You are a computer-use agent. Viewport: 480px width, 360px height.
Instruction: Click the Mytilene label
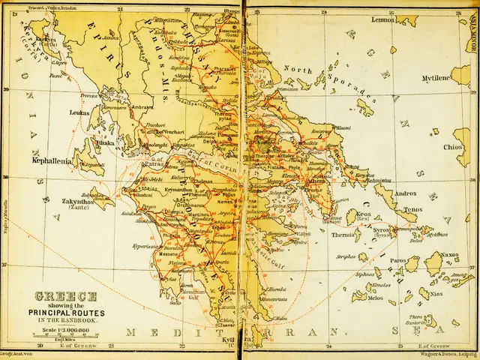tap(439, 77)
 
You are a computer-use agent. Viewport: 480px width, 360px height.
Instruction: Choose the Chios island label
tap(452, 147)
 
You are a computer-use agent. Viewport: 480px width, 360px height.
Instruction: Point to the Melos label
tap(355, 298)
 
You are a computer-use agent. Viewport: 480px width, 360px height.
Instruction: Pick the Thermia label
tap(344, 235)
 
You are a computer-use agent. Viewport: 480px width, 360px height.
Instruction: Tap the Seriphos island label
tap(346, 256)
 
